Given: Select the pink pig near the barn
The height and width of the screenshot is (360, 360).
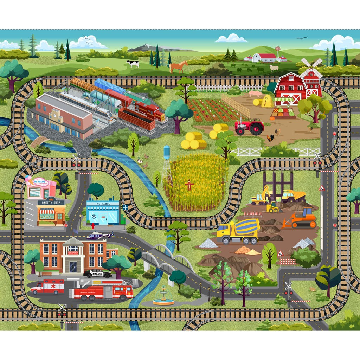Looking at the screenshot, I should click(x=256, y=94).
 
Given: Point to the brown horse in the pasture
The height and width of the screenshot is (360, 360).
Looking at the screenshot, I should click(x=179, y=66).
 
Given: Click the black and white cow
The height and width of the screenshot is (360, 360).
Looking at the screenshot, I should click(x=133, y=64).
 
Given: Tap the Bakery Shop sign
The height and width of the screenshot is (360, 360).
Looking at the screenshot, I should click(x=51, y=202).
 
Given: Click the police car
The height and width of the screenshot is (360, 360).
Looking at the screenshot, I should click(x=97, y=273).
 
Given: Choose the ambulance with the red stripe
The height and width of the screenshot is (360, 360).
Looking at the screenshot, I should click(x=47, y=286).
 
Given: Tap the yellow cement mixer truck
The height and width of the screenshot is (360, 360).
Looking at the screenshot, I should click(x=238, y=231).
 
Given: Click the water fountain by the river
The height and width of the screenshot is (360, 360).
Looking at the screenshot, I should click(x=163, y=297).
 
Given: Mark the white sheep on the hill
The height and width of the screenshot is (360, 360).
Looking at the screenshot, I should click(x=274, y=68).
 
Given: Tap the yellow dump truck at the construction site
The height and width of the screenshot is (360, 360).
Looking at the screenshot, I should click(x=293, y=196).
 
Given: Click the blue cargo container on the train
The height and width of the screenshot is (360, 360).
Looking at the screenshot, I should click(x=110, y=86).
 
